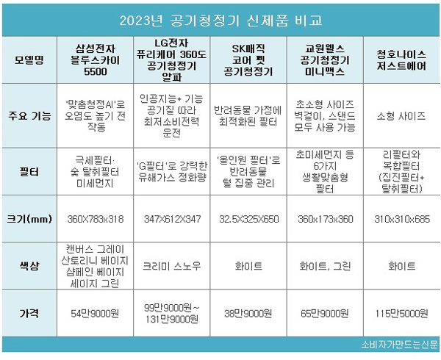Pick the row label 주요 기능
pyautogui.click(x=29, y=114)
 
